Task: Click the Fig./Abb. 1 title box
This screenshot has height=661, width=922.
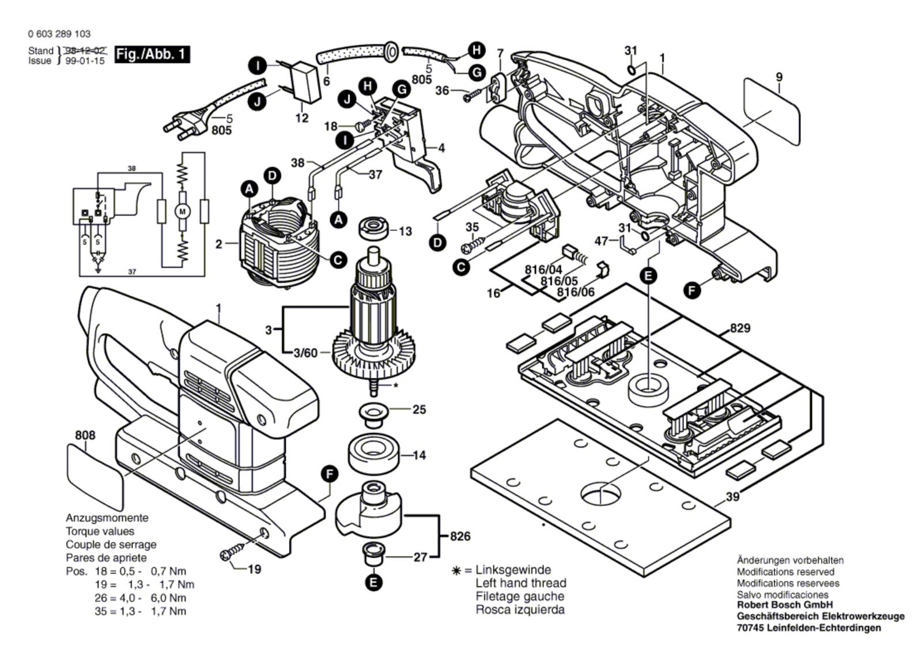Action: click(x=152, y=55)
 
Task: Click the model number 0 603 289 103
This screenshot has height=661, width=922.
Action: click(x=59, y=34)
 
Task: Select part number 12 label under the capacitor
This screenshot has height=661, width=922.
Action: click(x=302, y=118)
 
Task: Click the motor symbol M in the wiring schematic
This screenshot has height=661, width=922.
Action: click(x=183, y=211)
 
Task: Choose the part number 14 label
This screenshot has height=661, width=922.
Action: click(x=419, y=455)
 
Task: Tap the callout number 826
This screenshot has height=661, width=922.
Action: click(x=460, y=537)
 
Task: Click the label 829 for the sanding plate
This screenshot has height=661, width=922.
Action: click(x=740, y=328)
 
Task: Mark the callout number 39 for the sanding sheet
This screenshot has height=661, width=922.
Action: click(x=732, y=497)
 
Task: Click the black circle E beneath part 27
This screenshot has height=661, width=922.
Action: click(x=373, y=582)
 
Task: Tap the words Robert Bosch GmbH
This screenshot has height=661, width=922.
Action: click(x=785, y=605)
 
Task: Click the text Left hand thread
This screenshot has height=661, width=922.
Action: click(x=520, y=583)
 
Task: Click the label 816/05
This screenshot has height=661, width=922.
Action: click(x=559, y=281)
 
